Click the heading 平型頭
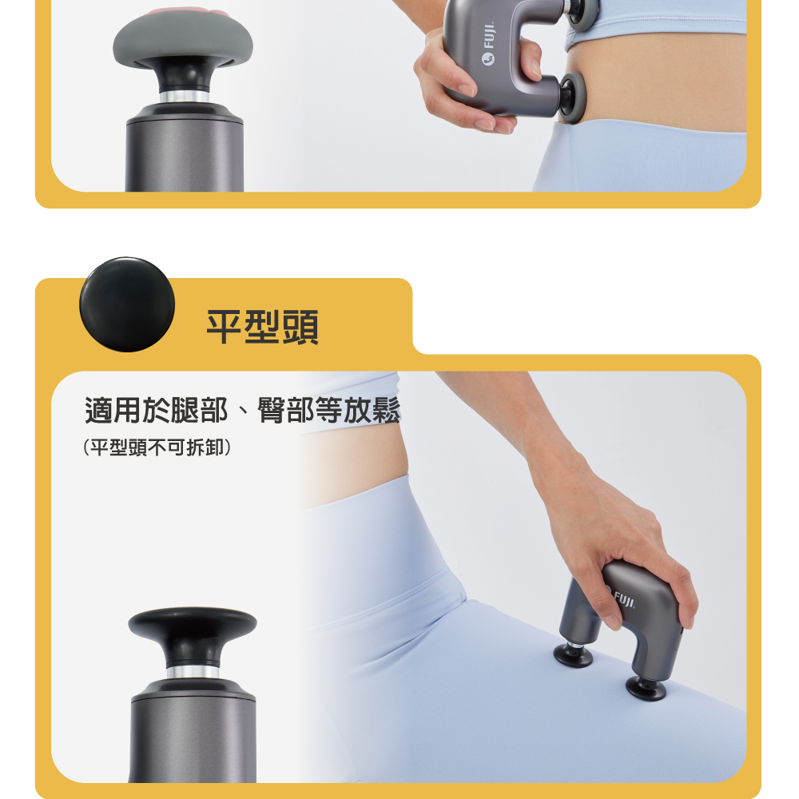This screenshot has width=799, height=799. click(x=262, y=327)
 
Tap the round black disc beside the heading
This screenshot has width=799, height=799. click(x=127, y=304)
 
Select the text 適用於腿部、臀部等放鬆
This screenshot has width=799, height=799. click(x=243, y=410)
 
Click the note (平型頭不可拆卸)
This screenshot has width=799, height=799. click(x=157, y=447)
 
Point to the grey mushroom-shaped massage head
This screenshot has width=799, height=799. click(x=183, y=41)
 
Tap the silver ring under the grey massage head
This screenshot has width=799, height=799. click(x=185, y=97)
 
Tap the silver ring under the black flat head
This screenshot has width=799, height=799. click(x=193, y=672)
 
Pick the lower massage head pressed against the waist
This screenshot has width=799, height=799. click(x=572, y=97)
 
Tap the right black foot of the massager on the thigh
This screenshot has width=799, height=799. click(x=646, y=689)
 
